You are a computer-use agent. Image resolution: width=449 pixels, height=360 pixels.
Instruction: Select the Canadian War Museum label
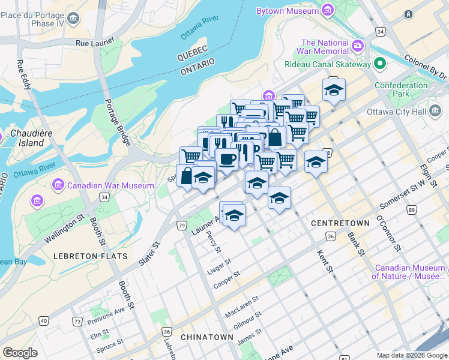[x=110, y=185]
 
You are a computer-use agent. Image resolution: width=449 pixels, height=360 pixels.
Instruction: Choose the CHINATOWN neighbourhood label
[x=206, y=337]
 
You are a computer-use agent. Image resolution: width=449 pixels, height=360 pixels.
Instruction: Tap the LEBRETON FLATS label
[x=91, y=256]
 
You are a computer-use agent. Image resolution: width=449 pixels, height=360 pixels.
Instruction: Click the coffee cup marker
[x=227, y=159]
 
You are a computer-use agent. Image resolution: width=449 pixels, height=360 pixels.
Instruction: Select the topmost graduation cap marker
[x=334, y=91]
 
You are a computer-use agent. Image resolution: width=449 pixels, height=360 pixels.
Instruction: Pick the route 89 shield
[x=411, y=210]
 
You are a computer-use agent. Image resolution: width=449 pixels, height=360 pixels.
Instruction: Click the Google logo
[x=20, y=352]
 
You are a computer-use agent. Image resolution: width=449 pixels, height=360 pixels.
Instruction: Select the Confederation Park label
[x=401, y=90]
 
